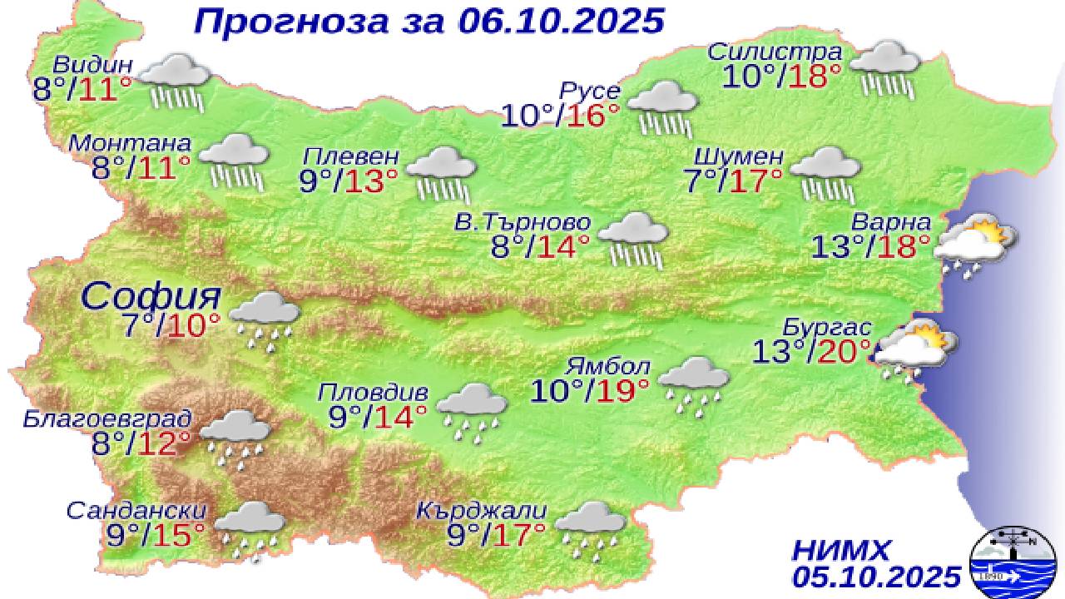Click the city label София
[x=152, y=295]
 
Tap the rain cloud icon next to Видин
[x=175, y=82]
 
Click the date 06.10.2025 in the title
[x=561, y=21]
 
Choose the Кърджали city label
[x=482, y=509]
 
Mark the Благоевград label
[x=108, y=417]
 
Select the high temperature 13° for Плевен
[x=367, y=181]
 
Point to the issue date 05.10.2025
[x=876, y=576]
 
